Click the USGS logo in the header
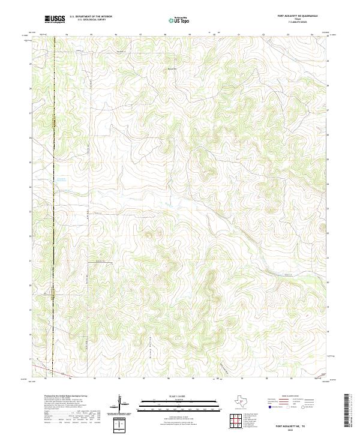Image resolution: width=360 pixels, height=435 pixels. pyautogui.click(x=55, y=19)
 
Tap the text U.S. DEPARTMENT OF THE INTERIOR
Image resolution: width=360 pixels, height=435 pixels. pyautogui.click(x=91, y=16)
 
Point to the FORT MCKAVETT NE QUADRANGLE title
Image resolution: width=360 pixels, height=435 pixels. pyautogui.click(x=298, y=16)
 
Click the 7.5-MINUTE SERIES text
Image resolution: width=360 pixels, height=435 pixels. pyautogui.click(x=298, y=22)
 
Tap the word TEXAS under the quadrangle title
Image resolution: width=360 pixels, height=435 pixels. pyautogui.click(x=298, y=19)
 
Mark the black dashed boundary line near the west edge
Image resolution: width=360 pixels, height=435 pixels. pyautogui.click(x=53, y=180)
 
